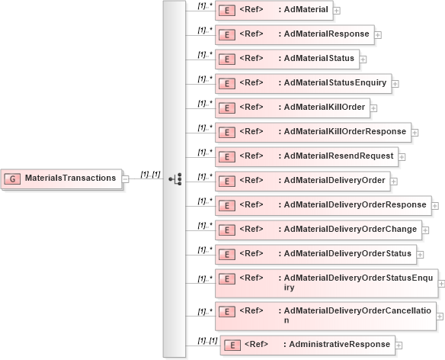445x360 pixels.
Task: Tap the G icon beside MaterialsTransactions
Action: tap(13, 178)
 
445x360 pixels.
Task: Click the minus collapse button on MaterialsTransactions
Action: tap(126, 178)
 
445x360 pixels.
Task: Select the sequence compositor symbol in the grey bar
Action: tap(175, 178)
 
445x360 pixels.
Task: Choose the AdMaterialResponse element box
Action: tap(294, 34)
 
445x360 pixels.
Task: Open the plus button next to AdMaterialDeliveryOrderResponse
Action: tap(435, 205)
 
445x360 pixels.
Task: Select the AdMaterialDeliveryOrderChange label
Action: tap(350, 229)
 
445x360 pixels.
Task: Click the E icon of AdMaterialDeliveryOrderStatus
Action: tap(226, 254)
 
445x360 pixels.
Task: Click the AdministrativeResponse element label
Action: tap(337, 345)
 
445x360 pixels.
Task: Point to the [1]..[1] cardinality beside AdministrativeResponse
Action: tap(207, 339)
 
